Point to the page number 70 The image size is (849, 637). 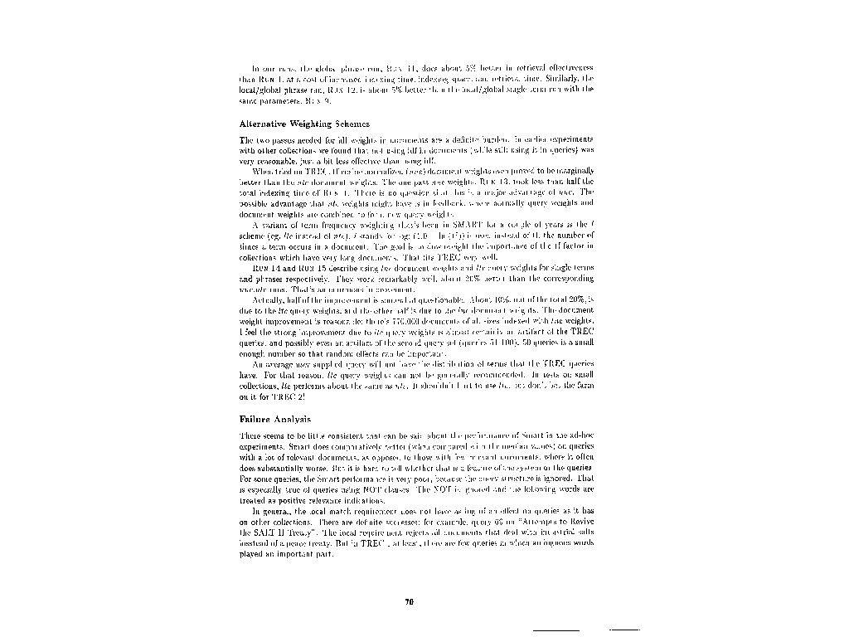tap(409, 603)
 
